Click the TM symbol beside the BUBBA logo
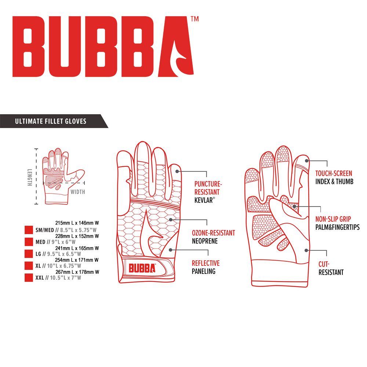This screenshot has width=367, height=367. [195, 19]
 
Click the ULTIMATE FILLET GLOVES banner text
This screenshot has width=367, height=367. [51, 121]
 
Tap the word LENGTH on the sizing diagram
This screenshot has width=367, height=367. [30, 178]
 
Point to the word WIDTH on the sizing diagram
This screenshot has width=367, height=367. [78, 192]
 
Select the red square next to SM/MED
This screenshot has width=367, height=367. [29, 230]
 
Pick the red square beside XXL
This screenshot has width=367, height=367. [29, 277]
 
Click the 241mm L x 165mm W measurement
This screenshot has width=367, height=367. [77, 248]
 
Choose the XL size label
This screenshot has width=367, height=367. [38, 266]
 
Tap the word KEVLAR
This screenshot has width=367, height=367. [204, 200]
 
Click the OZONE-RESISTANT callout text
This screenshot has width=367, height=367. [214, 233]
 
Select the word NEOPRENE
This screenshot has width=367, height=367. [205, 241]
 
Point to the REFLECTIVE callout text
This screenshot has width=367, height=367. [206, 263]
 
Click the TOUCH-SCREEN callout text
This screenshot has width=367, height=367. [334, 174]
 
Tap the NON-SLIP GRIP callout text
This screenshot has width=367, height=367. [333, 219]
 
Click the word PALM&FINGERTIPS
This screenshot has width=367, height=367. [338, 227]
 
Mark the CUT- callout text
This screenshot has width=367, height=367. [324, 264]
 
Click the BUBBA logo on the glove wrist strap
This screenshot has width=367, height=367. [142, 268]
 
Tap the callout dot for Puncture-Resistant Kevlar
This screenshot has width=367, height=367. [177, 171]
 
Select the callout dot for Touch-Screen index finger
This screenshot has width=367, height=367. [306, 161]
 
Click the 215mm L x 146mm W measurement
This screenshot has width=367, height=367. [77, 223]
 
